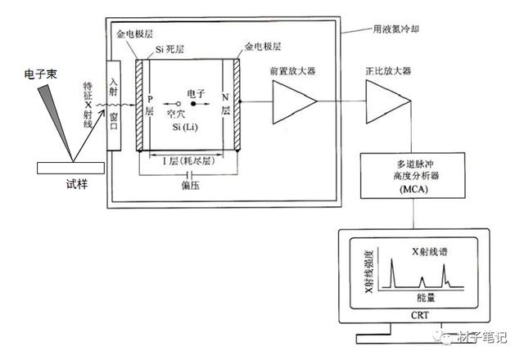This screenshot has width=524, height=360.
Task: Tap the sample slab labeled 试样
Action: [70, 168]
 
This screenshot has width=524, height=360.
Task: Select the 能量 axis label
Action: [425, 299]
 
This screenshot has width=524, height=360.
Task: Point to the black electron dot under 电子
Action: [194, 104]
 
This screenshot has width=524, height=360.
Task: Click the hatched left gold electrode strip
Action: [140, 104]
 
